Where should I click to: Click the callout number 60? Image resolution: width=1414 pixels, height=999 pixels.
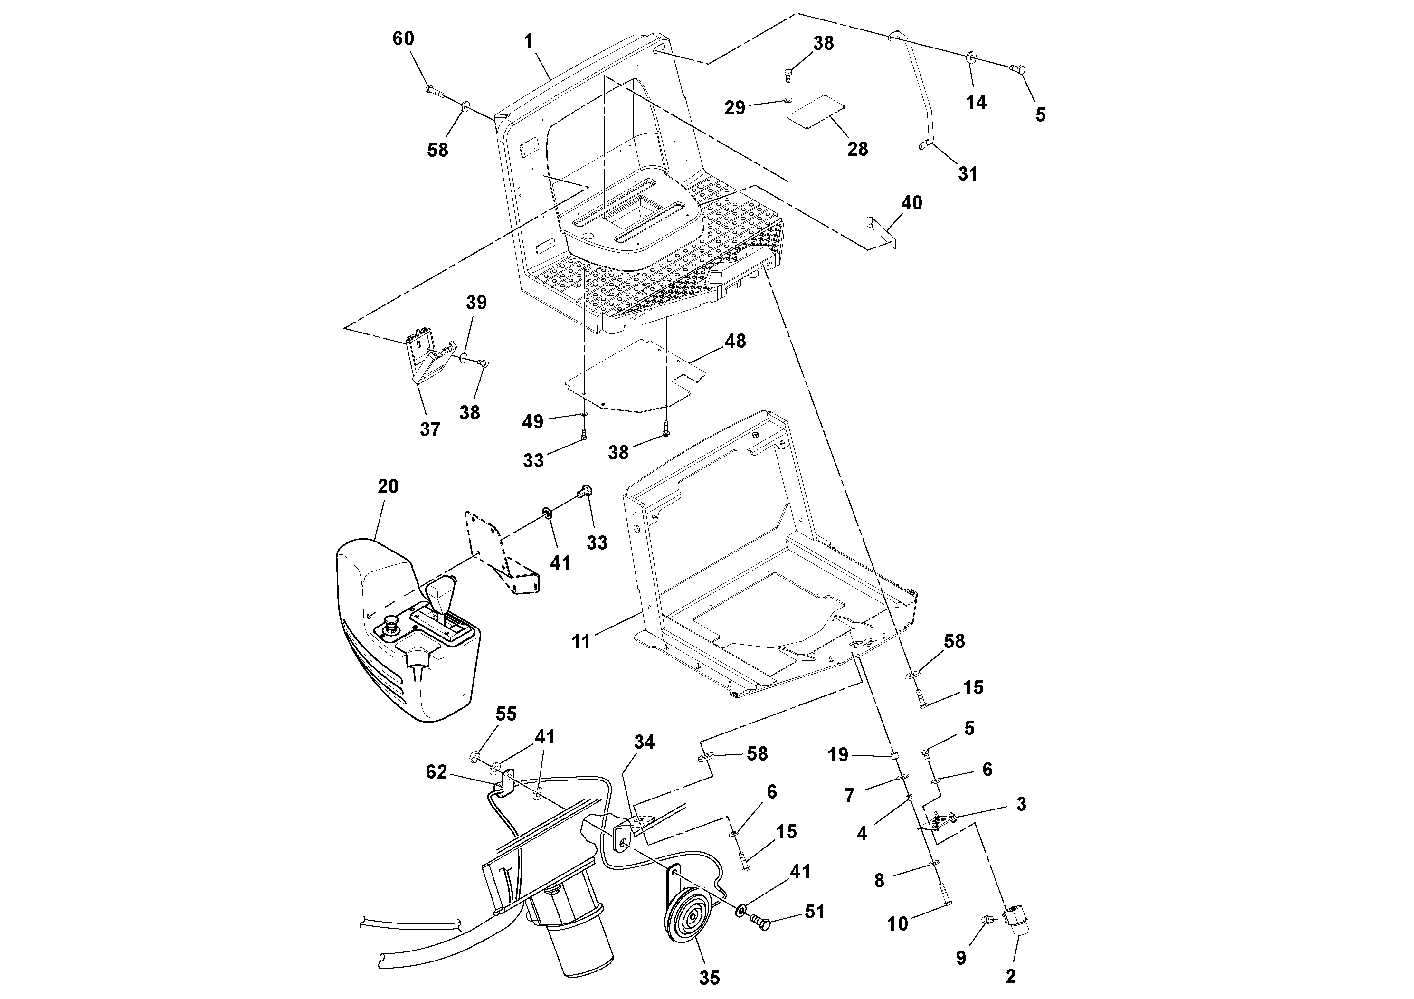403,39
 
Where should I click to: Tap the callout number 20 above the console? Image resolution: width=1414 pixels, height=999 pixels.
388,486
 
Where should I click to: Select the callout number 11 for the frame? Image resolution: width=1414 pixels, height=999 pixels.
581,642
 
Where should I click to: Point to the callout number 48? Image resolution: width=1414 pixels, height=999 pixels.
735,341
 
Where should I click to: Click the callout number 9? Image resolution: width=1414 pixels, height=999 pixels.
961,957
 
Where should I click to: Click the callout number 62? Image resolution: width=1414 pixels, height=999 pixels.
436,772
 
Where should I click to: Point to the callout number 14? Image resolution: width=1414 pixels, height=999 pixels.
976,102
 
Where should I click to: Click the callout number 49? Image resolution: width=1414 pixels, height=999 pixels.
533,422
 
